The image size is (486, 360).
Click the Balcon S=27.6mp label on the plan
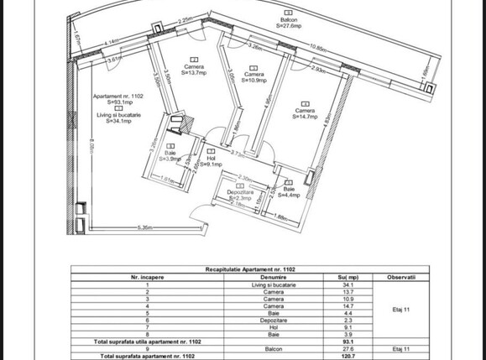[288, 23]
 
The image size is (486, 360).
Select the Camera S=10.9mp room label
[254, 77]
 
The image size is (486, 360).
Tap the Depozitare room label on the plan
[240, 195]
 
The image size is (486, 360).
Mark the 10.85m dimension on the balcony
[317, 47]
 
